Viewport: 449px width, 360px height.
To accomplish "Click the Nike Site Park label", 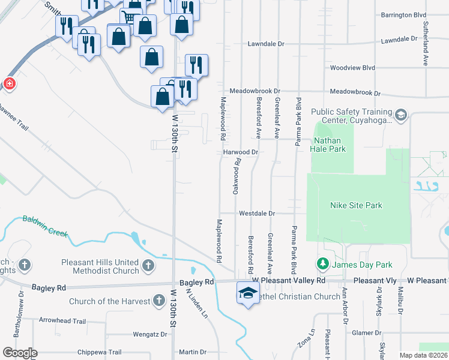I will click(x=356, y=205).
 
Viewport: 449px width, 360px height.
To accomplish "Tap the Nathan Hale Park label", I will click(x=328, y=145).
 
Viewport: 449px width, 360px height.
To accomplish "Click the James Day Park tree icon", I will click(x=322, y=264).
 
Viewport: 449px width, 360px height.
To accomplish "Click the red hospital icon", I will click(x=9, y=84).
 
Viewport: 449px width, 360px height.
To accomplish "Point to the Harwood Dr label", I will click(x=240, y=152).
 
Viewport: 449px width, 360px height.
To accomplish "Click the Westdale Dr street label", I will click(x=256, y=213).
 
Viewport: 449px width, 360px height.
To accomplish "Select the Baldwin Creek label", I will click(x=45, y=226).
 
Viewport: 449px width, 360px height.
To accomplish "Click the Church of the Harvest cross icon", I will click(x=158, y=299).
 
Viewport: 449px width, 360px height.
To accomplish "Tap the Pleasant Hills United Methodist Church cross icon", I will click(x=149, y=265).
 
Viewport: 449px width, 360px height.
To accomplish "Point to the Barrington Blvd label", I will click(x=403, y=14).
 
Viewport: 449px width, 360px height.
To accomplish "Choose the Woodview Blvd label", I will click(x=352, y=68).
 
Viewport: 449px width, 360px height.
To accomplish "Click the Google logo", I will click(x=20, y=353).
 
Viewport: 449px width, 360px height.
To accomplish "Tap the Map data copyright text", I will click(x=423, y=355).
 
